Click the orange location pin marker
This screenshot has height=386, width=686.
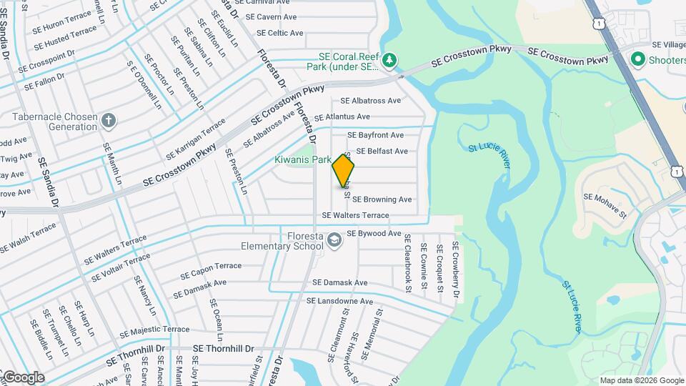tap(344, 170)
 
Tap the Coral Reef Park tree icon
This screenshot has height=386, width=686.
tap(389, 61)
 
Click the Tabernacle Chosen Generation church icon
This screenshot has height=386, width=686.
tap(108, 119)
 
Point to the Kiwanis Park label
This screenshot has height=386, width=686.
tap(303, 160)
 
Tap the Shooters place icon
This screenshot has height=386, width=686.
tap(637, 60)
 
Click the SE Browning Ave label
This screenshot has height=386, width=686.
tap(382, 199)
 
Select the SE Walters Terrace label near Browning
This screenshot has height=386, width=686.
tap(355, 215)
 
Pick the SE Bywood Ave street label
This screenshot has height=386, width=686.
tap(374, 234)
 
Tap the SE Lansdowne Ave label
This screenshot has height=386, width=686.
tap(339, 301)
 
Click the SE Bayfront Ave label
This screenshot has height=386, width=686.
tap(375, 135)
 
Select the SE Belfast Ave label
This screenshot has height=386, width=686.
tap(382, 152)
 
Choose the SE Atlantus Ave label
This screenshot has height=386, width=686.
tap(342, 117)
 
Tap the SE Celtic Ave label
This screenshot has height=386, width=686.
tap(279, 33)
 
